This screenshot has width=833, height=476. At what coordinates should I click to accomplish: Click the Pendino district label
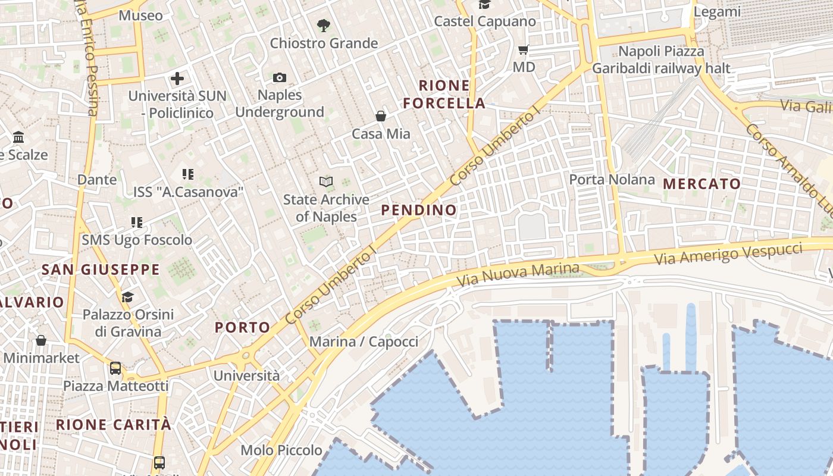tap(419, 209)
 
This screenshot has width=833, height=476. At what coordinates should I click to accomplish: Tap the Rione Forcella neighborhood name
tap(444, 94)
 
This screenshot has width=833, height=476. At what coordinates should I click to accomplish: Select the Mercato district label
tap(702, 184)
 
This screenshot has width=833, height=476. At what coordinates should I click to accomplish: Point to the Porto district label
tap(243, 327)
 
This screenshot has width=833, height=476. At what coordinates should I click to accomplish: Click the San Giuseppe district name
tap(101, 270)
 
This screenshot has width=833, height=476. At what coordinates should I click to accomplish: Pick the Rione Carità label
tap(114, 424)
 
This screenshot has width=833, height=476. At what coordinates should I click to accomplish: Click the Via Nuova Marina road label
tap(518, 273)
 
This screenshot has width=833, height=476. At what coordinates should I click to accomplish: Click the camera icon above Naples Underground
tap(280, 77)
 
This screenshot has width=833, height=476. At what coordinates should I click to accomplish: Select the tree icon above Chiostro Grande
tap(324, 25)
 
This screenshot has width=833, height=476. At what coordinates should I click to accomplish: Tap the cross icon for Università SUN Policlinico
tap(177, 79)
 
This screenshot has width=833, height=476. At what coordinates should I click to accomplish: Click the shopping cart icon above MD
tap(524, 50)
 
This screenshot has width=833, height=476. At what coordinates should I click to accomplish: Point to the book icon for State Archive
tap(326, 181)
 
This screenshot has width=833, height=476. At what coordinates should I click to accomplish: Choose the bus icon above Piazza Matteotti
tap(115, 368)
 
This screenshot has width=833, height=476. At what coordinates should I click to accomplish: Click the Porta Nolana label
tap(612, 179)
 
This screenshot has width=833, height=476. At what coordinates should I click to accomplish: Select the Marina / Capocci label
tap(364, 342)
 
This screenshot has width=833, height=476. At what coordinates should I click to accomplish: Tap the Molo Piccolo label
tap(281, 450)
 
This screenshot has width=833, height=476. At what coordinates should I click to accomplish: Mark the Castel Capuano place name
tap(485, 21)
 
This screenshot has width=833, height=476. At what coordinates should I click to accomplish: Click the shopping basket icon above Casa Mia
tap(381, 116)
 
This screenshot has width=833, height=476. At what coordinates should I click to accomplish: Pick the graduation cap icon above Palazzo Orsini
tap(128, 297)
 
